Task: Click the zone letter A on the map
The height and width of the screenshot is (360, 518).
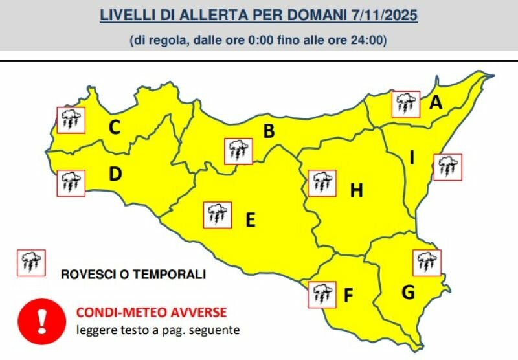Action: pos(436,102)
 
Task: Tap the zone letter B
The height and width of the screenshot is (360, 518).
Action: pos(268,131)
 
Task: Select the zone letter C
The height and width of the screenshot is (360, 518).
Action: pos(114,128)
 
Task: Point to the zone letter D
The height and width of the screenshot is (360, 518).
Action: pos(115,174)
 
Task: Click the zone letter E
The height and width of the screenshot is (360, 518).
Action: pos(250,220)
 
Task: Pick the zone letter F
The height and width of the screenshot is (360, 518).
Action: pos(348,296)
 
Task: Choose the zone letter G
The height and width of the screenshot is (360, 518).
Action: pos(408,293)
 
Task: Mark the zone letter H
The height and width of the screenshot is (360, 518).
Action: pos(356,190)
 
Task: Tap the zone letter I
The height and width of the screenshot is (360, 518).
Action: pos(412,157)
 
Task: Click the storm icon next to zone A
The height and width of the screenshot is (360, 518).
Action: pos(407,104)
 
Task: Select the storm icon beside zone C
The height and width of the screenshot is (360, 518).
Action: pos(71,119)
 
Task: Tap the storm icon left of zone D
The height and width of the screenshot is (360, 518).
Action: pos(71,181)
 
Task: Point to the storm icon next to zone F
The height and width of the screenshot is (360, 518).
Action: pos(322,294)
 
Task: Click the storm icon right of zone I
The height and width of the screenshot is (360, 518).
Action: pos(447,167)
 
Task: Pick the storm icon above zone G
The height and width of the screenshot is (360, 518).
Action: pos(426,262)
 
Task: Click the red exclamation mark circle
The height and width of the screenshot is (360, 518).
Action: pos(42,319)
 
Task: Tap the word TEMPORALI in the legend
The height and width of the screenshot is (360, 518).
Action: pos(170,275)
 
